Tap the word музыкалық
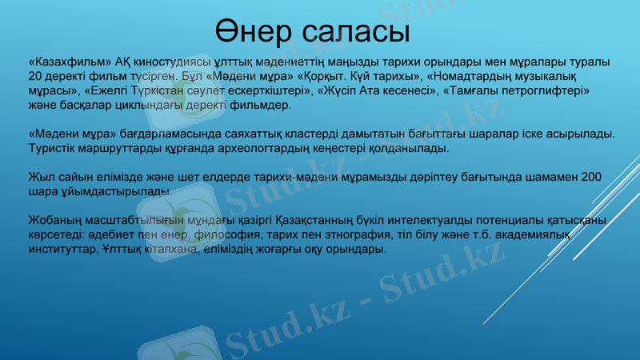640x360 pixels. click(x=560, y=77)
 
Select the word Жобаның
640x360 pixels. click(x=54, y=220)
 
